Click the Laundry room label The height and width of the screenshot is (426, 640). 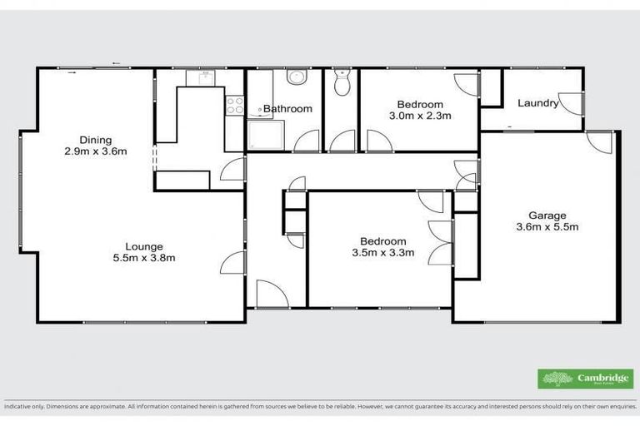coord(537,103)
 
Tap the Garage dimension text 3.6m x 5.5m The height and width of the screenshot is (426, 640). coord(547,226)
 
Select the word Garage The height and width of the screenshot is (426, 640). coord(547,215)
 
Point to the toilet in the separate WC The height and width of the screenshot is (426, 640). coord(340,83)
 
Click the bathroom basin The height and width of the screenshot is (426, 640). coord(296,77)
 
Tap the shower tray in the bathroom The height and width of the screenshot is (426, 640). coord(266,134)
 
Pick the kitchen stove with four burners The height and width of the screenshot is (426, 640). coord(234,106)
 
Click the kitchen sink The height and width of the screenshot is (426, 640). coord(201,77)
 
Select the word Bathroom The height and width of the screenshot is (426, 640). coord(287,109)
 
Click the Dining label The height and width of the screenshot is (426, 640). coord(95,140)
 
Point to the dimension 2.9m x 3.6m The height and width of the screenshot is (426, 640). coord(95,151)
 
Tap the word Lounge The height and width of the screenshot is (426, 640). coord(144,246)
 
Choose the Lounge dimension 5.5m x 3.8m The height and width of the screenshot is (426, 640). coord(144,258)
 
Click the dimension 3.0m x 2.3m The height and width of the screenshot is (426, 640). coord(420,116)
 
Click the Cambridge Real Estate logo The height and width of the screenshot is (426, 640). coord(585,379)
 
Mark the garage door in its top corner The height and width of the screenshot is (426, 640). coord(599,141)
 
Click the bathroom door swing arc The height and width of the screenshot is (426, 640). coord(306,141)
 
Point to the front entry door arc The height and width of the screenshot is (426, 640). coord(269,294)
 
